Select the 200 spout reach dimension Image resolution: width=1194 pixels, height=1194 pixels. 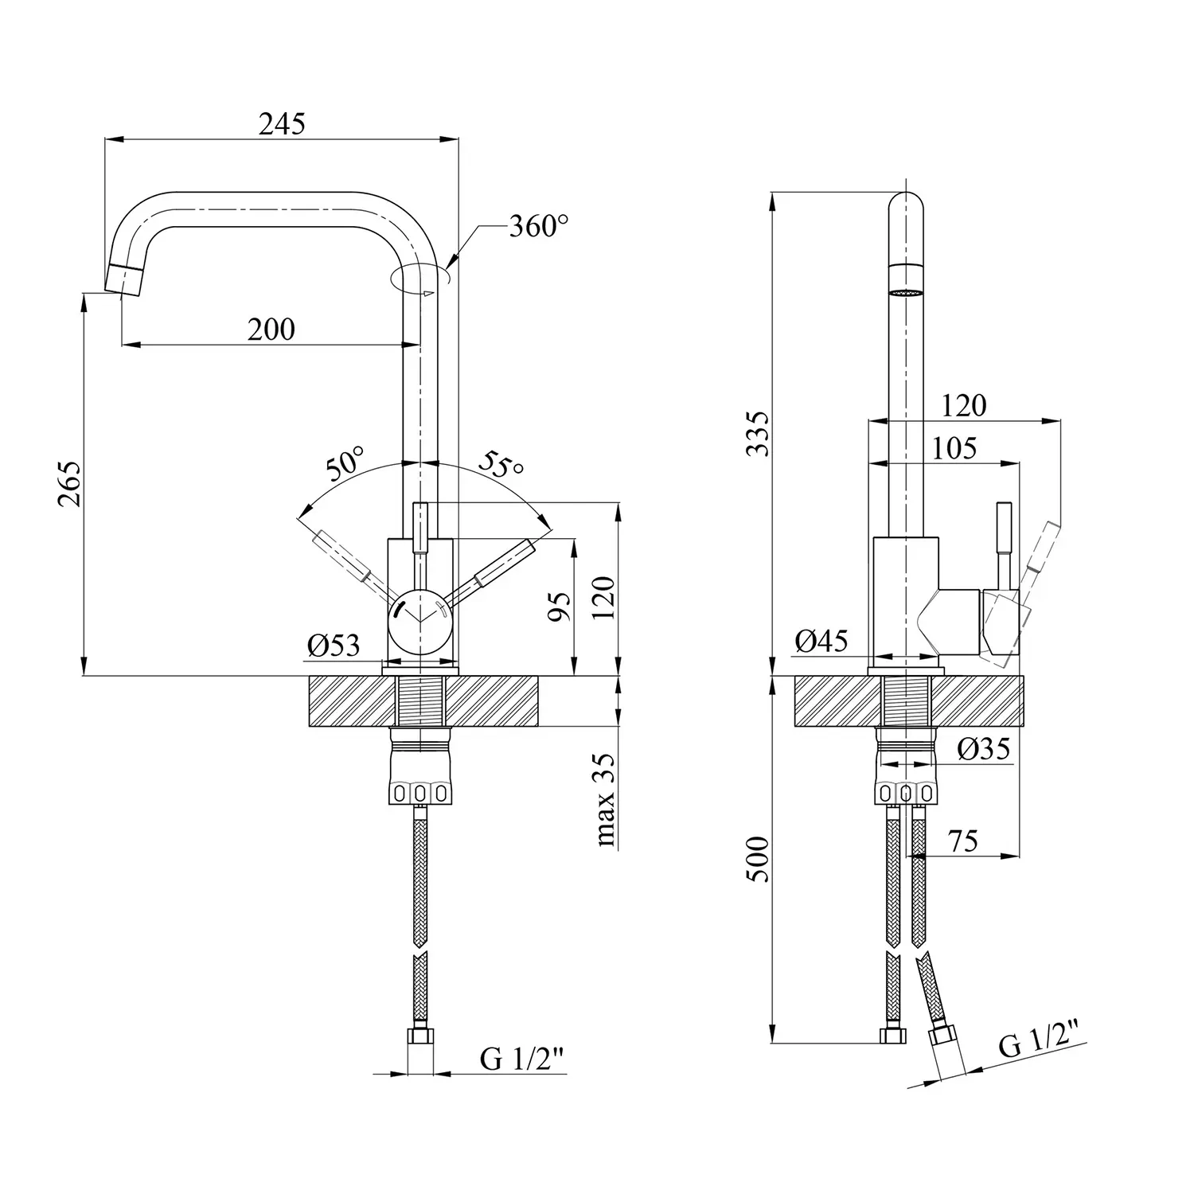coord(271,329)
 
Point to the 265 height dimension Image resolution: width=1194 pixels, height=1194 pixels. coord(69,483)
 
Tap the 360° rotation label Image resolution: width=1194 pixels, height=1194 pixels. coord(539,227)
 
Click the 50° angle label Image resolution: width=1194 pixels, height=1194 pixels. coord(345,464)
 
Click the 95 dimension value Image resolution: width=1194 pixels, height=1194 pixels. coord(561,607)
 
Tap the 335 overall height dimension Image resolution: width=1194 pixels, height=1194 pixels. coord(759,433)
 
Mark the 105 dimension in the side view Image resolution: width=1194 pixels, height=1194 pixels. coord(954,448)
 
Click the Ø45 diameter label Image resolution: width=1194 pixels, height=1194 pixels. coord(821,641)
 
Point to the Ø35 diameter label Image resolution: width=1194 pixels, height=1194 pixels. coord(985,749)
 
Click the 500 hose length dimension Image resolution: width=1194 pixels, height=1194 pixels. coord(759,859)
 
